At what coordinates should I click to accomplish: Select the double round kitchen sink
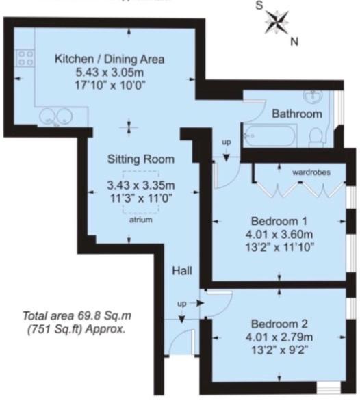pyautogui.click(x=50, y=118)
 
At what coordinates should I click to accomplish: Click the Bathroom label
pyautogui.click(x=296, y=114)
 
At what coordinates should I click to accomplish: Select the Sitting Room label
pyautogui.click(x=141, y=159)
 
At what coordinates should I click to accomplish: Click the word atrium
pyautogui.click(x=141, y=220)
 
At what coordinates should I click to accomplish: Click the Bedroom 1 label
pyautogui.click(x=279, y=221)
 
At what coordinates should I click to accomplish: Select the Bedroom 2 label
pyautogui.click(x=279, y=324)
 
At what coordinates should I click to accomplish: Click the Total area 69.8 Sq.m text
pyautogui.click(x=76, y=316)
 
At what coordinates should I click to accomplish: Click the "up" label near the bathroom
pyautogui.click(x=226, y=142)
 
